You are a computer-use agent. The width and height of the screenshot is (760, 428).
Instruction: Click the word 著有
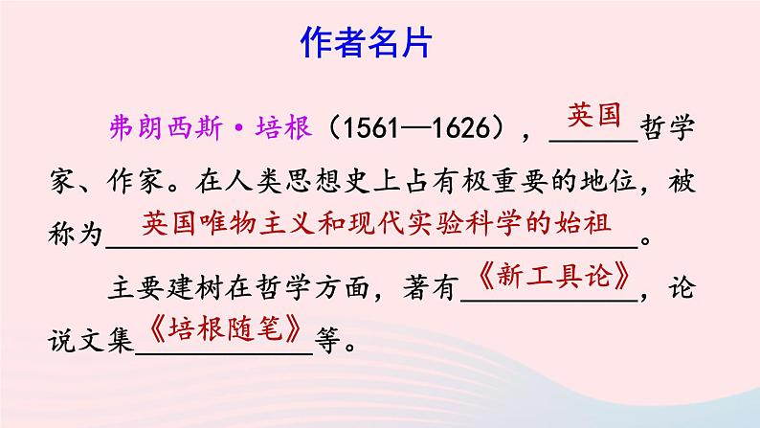[x=436, y=287]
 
